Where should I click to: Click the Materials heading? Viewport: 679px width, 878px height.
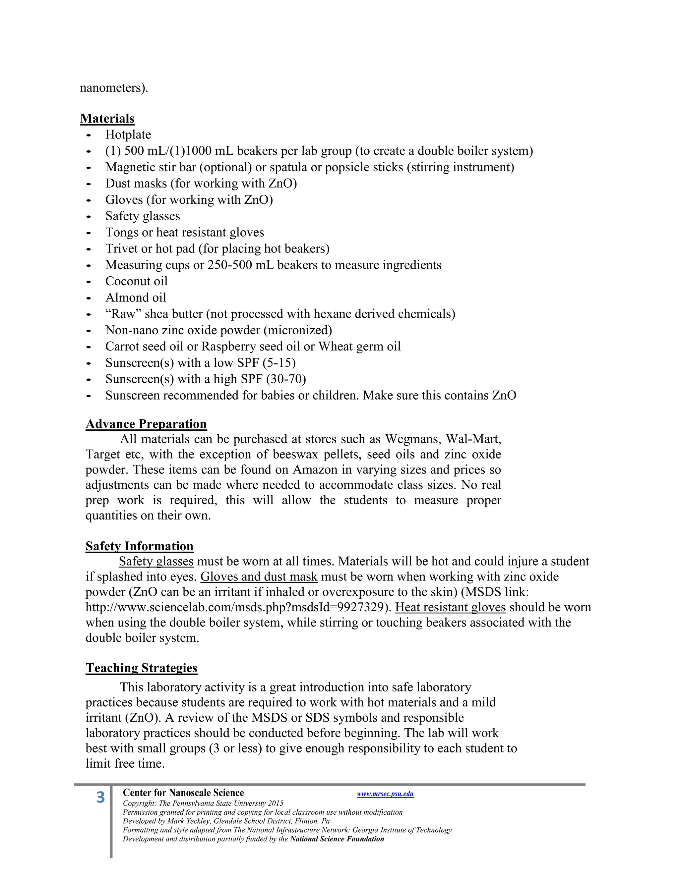tap(107, 119)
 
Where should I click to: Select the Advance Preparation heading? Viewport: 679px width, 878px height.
tap(146, 424)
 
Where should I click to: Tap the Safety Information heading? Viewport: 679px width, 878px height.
tap(139, 546)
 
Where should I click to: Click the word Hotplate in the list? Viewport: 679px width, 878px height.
tap(128, 135)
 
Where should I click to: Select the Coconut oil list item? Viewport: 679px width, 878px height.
tap(136, 281)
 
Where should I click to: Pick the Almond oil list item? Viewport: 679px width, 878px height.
tap(136, 298)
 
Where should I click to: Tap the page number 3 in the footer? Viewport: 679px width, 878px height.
tap(100, 797)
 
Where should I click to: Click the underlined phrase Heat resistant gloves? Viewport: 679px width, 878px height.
tap(450, 607)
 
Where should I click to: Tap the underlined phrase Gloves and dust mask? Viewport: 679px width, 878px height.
tap(259, 576)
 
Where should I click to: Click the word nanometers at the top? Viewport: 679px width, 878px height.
tap(114, 88)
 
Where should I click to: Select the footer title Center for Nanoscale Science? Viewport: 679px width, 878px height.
tap(183, 793)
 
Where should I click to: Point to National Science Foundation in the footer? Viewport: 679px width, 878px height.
tap(337, 839)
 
